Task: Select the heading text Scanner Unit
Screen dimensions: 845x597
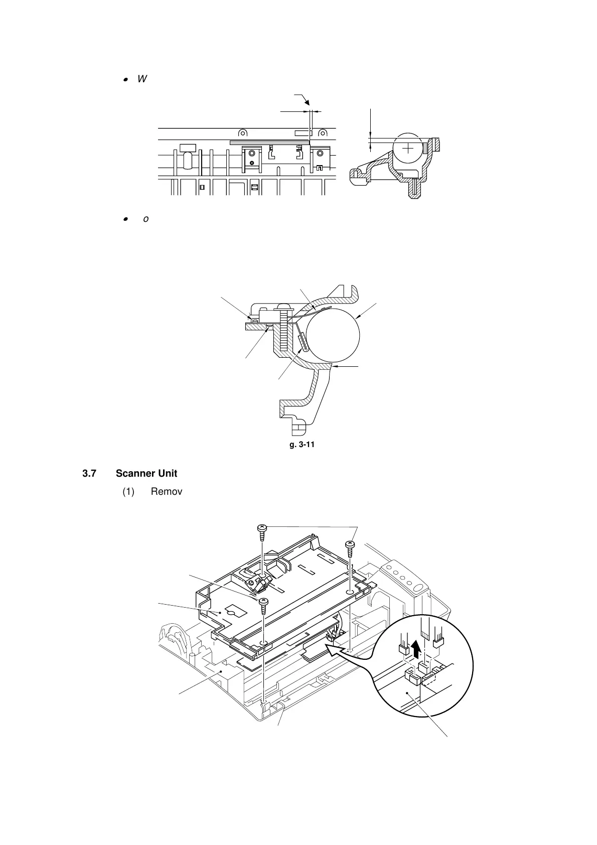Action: click(146, 474)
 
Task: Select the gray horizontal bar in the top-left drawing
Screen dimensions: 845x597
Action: click(269, 143)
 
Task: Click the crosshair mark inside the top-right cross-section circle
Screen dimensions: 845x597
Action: click(409, 149)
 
